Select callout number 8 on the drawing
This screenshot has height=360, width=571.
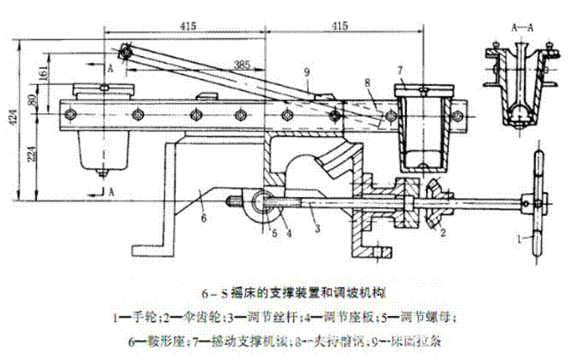(366, 81)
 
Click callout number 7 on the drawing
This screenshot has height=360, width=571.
(401, 71)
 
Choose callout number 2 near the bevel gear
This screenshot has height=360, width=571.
(443, 233)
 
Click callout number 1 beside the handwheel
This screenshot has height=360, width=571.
(520, 238)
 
